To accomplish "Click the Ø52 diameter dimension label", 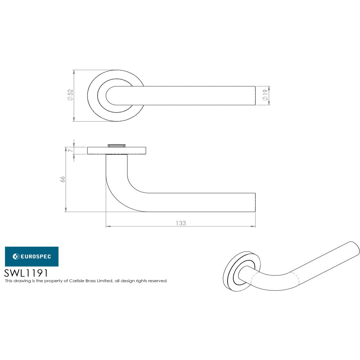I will click(x=70, y=96).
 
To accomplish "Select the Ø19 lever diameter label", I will click(x=265, y=96).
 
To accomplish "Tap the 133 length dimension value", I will click(x=181, y=223).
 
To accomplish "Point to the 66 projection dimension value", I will click(x=62, y=179).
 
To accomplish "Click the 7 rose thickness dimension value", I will click(x=69, y=150).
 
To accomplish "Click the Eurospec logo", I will click(x=31, y=256).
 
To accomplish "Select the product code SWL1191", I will click(x=26, y=273).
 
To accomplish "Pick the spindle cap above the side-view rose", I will click(x=116, y=145).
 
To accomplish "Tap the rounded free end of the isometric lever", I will click(x=355, y=248).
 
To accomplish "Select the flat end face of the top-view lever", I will click(x=255, y=96).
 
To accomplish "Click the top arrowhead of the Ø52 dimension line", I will click(x=74, y=72).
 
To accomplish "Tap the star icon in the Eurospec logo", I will click(x=16, y=256).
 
